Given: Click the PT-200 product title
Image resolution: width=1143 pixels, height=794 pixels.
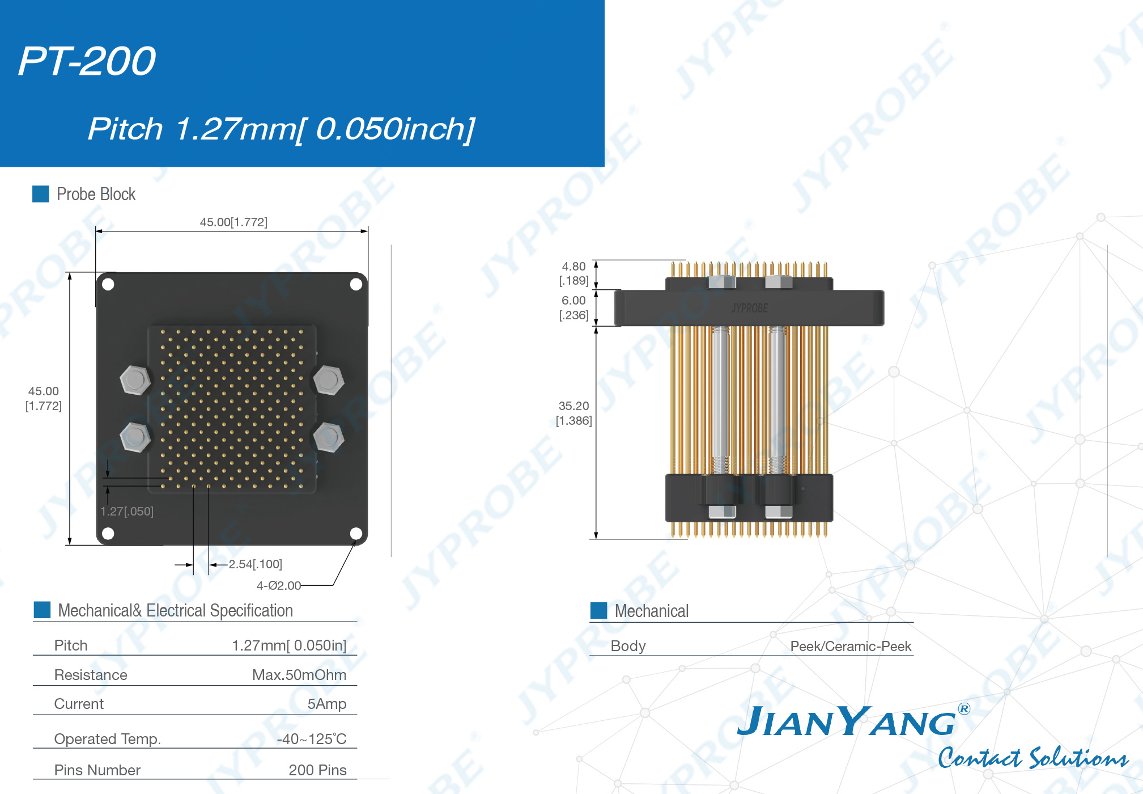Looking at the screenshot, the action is pyautogui.click(x=87, y=61).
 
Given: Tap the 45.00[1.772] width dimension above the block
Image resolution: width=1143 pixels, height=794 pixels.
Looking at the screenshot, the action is pyautogui.click(x=233, y=222).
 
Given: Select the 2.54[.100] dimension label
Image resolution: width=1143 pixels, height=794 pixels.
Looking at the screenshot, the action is pyautogui.click(x=256, y=564).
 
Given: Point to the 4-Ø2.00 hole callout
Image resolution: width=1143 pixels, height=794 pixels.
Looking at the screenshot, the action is pyautogui.click(x=279, y=586).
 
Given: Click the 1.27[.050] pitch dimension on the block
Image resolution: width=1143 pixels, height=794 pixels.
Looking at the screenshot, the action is pyautogui.click(x=127, y=512).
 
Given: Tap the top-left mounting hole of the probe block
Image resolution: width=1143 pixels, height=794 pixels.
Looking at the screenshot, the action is pyautogui.click(x=108, y=284).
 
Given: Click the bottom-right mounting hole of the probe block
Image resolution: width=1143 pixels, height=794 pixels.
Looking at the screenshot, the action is pyautogui.click(x=356, y=533).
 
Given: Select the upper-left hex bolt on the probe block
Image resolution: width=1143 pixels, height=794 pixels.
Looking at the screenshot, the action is pyautogui.click(x=135, y=380).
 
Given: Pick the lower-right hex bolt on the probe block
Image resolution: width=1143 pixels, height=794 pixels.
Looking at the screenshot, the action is pyautogui.click(x=329, y=437).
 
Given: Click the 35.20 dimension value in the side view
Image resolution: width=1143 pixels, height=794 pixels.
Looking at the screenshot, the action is pyautogui.click(x=574, y=406).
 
